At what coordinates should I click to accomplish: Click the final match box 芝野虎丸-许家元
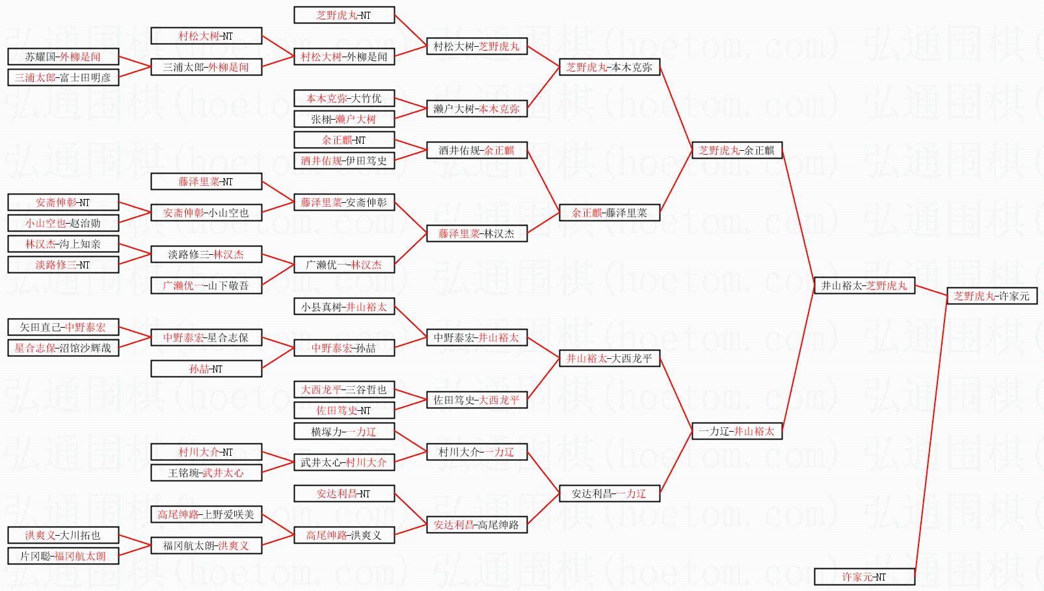(992, 296)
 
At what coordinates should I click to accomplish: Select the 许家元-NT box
(864, 577)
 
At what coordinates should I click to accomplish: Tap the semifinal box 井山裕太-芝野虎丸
(864, 285)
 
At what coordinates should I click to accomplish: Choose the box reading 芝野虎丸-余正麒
(737, 150)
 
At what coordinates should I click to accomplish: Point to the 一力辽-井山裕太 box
(737, 431)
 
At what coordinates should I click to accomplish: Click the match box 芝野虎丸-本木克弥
(609, 67)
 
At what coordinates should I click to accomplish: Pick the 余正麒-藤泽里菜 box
(609, 213)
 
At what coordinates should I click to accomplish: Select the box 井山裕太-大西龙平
(609, 358)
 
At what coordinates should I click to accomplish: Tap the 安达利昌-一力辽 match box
(609, 493)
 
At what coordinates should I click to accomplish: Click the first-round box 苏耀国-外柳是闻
(63, 57)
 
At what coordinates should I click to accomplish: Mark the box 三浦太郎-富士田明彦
(63, 77)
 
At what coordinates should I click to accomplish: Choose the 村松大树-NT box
(206, 36)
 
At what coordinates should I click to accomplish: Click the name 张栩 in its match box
(321, 119)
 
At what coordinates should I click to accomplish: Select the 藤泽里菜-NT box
(206, 181)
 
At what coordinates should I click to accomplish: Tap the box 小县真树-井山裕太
(345, 306)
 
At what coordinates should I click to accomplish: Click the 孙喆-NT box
(206, 369)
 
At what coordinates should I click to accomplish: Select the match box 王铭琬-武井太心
(206, 473)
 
